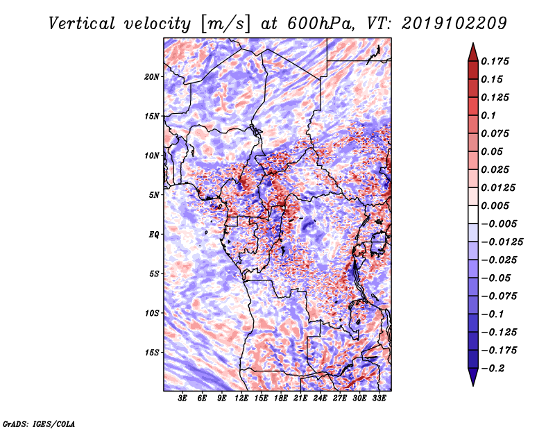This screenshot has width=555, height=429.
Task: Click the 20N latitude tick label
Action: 152,76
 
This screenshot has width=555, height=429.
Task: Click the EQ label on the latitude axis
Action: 154,235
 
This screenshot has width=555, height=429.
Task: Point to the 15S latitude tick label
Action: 152,353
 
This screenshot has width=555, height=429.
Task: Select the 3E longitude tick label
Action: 183,400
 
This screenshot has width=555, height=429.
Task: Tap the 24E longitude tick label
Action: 320,400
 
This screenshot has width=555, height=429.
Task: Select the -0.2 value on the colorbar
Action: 494,368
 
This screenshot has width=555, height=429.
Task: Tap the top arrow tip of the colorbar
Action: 472,45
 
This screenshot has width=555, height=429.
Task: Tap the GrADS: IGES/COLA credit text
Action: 39,423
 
